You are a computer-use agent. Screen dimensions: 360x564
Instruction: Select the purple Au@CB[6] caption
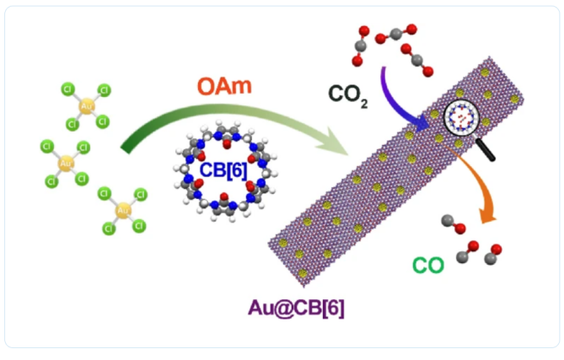[296, 308]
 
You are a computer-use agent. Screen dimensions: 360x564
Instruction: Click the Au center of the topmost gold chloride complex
[85, 105]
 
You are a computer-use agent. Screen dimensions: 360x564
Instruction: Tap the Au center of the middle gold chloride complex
[65, 163]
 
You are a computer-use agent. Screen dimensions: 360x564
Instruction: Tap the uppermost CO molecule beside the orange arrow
[452, 224]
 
